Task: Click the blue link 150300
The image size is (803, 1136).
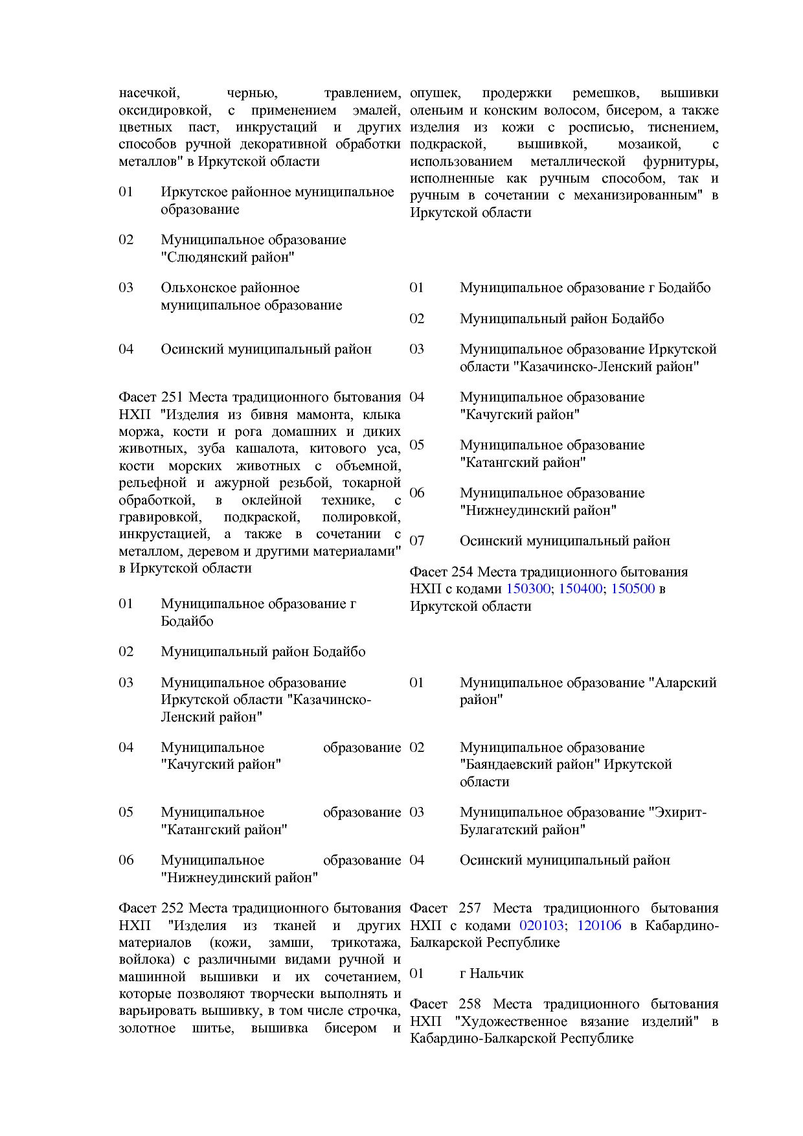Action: pos(528,589)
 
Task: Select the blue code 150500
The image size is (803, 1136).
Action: pos(633,589)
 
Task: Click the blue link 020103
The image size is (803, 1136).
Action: pos(541,926)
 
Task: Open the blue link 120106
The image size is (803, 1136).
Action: pos(599,926)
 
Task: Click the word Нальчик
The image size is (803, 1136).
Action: pos(497,973)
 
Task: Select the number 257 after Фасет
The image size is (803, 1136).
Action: pos(469,908)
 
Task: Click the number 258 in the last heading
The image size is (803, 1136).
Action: pos(469,1004)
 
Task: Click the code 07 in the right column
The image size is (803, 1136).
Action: pos(417,541)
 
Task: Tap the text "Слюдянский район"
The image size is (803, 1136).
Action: pos(228,257)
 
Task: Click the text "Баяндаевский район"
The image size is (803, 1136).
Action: pos(530,764)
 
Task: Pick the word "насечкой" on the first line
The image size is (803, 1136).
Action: pos(148,93)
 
